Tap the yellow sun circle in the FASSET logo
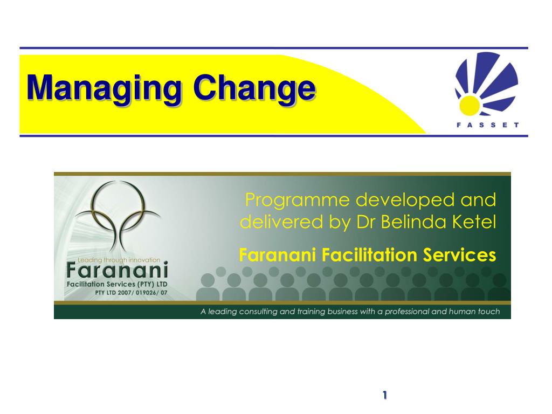470,106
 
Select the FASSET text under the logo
487,125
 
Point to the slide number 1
385,395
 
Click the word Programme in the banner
298,201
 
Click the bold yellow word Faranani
278,255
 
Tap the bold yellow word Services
459,255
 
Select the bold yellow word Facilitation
369,255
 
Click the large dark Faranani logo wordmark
117,271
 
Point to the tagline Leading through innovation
119,260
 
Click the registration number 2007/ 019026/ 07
142,293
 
